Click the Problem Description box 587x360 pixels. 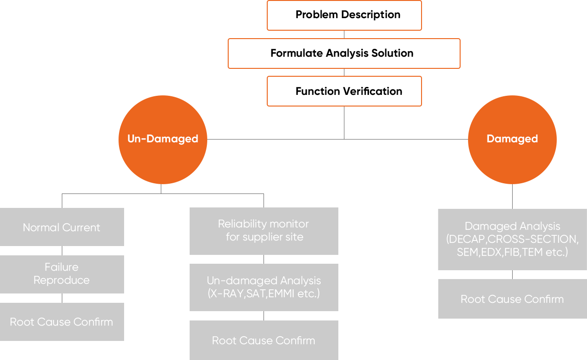344,15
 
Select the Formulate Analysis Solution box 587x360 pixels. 344,53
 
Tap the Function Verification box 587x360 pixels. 344,91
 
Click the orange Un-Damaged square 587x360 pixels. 163,139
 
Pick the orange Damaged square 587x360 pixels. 512,139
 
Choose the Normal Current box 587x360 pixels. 62,227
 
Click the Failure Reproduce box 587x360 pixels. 62,274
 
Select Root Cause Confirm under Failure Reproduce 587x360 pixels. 62,322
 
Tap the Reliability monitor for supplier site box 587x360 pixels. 264,231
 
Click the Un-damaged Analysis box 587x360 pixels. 264,287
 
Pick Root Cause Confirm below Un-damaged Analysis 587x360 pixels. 264,340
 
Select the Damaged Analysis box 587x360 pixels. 512,240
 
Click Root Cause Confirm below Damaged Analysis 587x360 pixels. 512,299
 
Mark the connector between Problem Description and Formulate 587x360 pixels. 344,34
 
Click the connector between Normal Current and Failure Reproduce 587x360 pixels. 62,251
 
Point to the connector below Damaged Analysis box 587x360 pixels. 512,275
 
